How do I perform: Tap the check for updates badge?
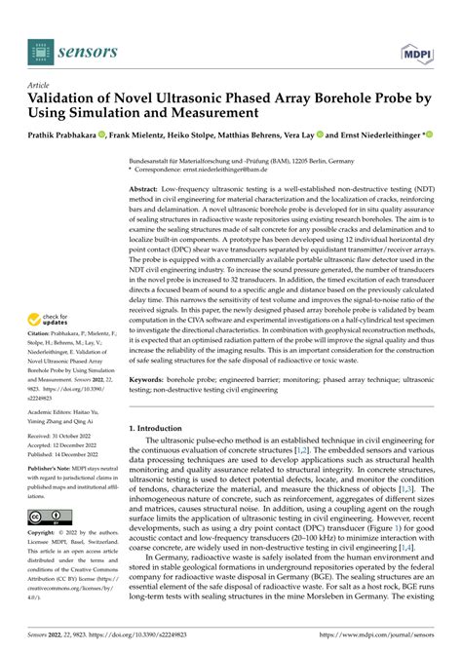pyautogui.click(x=49, y=322)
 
